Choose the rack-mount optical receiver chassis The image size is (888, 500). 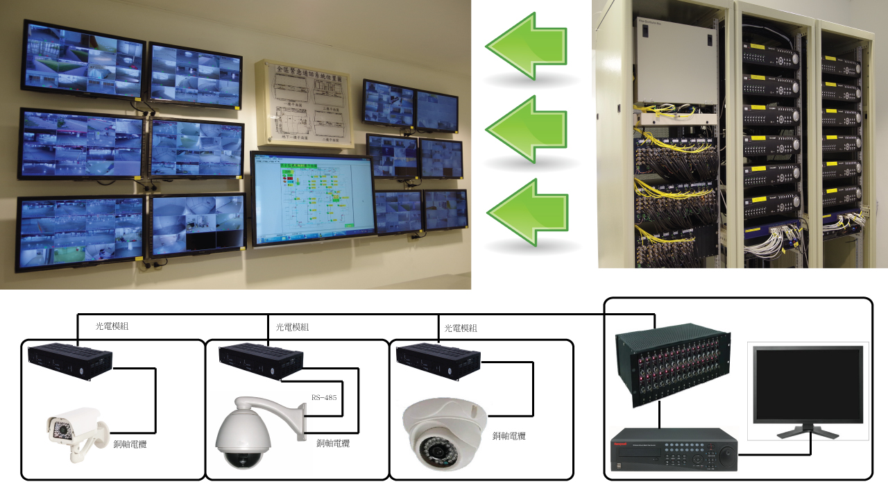[x=674, y=368]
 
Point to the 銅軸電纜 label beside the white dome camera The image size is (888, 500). [x=509, y=436]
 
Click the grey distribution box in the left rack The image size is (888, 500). [x=675, y=70]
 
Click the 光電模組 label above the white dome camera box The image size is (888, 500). [x=459, y=328]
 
